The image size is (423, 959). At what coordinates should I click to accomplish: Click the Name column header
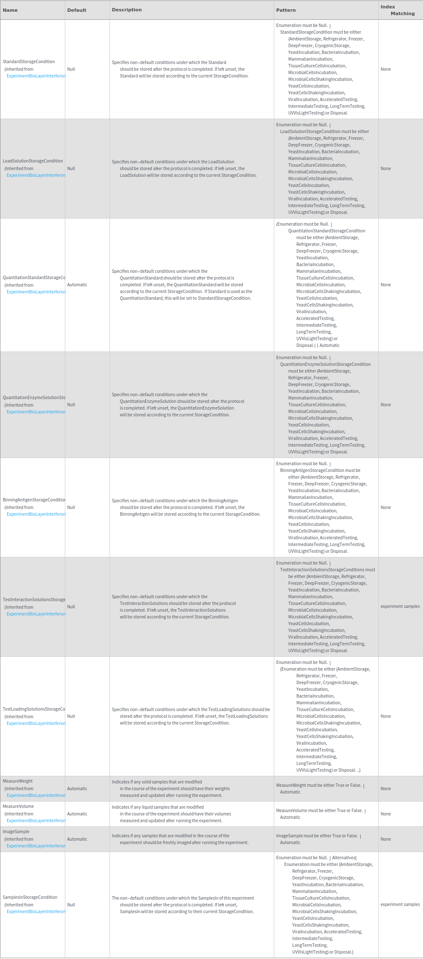pos(10,10)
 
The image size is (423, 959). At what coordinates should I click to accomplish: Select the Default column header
pos(77,10)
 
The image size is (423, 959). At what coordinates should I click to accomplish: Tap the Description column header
pos(127,10)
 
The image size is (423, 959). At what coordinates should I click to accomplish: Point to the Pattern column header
pos(286,10)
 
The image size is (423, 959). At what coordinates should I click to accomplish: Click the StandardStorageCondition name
pos(29,61)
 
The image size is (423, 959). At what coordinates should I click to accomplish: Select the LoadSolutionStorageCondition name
pos(33,161)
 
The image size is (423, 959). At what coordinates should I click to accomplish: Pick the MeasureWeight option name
pos(18,781)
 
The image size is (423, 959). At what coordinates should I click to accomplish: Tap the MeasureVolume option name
pos(18,806)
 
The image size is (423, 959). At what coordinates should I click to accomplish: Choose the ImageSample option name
pos(16,831)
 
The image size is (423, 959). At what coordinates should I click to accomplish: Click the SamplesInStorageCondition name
pos(30,897)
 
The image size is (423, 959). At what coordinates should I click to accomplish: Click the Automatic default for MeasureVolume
pos(77,814)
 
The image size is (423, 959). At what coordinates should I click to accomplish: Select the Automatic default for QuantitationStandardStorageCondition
pos(77,285)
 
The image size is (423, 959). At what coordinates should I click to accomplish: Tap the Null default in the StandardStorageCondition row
pos(71,69)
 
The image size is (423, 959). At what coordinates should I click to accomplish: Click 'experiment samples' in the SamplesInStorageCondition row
pos(400,904)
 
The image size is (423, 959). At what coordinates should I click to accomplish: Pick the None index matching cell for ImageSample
pos(386,839)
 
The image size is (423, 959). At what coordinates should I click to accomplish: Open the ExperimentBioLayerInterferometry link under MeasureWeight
pos(36,795)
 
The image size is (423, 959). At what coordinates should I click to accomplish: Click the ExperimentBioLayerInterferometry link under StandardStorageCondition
pos(36,76)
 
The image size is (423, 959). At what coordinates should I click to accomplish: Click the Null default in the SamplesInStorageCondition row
pos(71,905)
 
